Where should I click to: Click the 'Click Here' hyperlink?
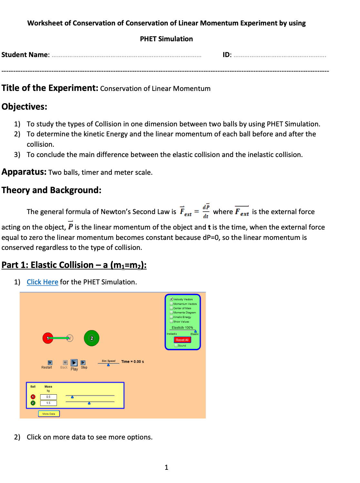click(42, 282)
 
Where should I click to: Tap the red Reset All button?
click(182, 340)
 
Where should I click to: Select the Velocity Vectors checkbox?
click(171, 299)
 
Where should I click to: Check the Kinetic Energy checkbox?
click(171, 317)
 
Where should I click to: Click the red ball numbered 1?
click(48, 338)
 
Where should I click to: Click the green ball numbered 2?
click(92, 338)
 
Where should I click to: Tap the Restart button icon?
click(50, 363)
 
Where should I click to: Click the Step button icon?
click(83, 363)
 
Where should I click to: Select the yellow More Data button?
click(49, 414)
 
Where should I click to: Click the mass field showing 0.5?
click(48, 397)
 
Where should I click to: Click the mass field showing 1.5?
click(48, 403)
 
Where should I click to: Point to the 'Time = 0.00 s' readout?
click(133, 362)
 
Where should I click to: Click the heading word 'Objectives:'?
click(25, 107)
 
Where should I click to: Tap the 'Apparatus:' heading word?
click(24, 172)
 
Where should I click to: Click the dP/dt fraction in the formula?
click(206, 212)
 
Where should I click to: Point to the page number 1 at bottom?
click(166, 468)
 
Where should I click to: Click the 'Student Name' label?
click(25, 55)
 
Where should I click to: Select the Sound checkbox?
click(176, 346)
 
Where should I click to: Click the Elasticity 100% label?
click(182, 328)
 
